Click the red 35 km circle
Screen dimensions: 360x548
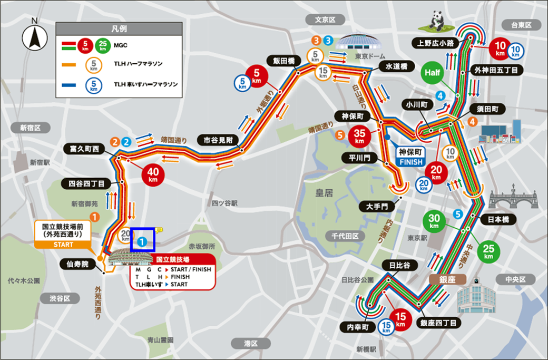(x=360, y=137)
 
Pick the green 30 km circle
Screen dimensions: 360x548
(x=434, y=222)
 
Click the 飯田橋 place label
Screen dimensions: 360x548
(x=284, y=60)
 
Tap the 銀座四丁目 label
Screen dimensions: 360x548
(x=438, y=323)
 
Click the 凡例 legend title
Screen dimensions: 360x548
(x=119, y=28)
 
